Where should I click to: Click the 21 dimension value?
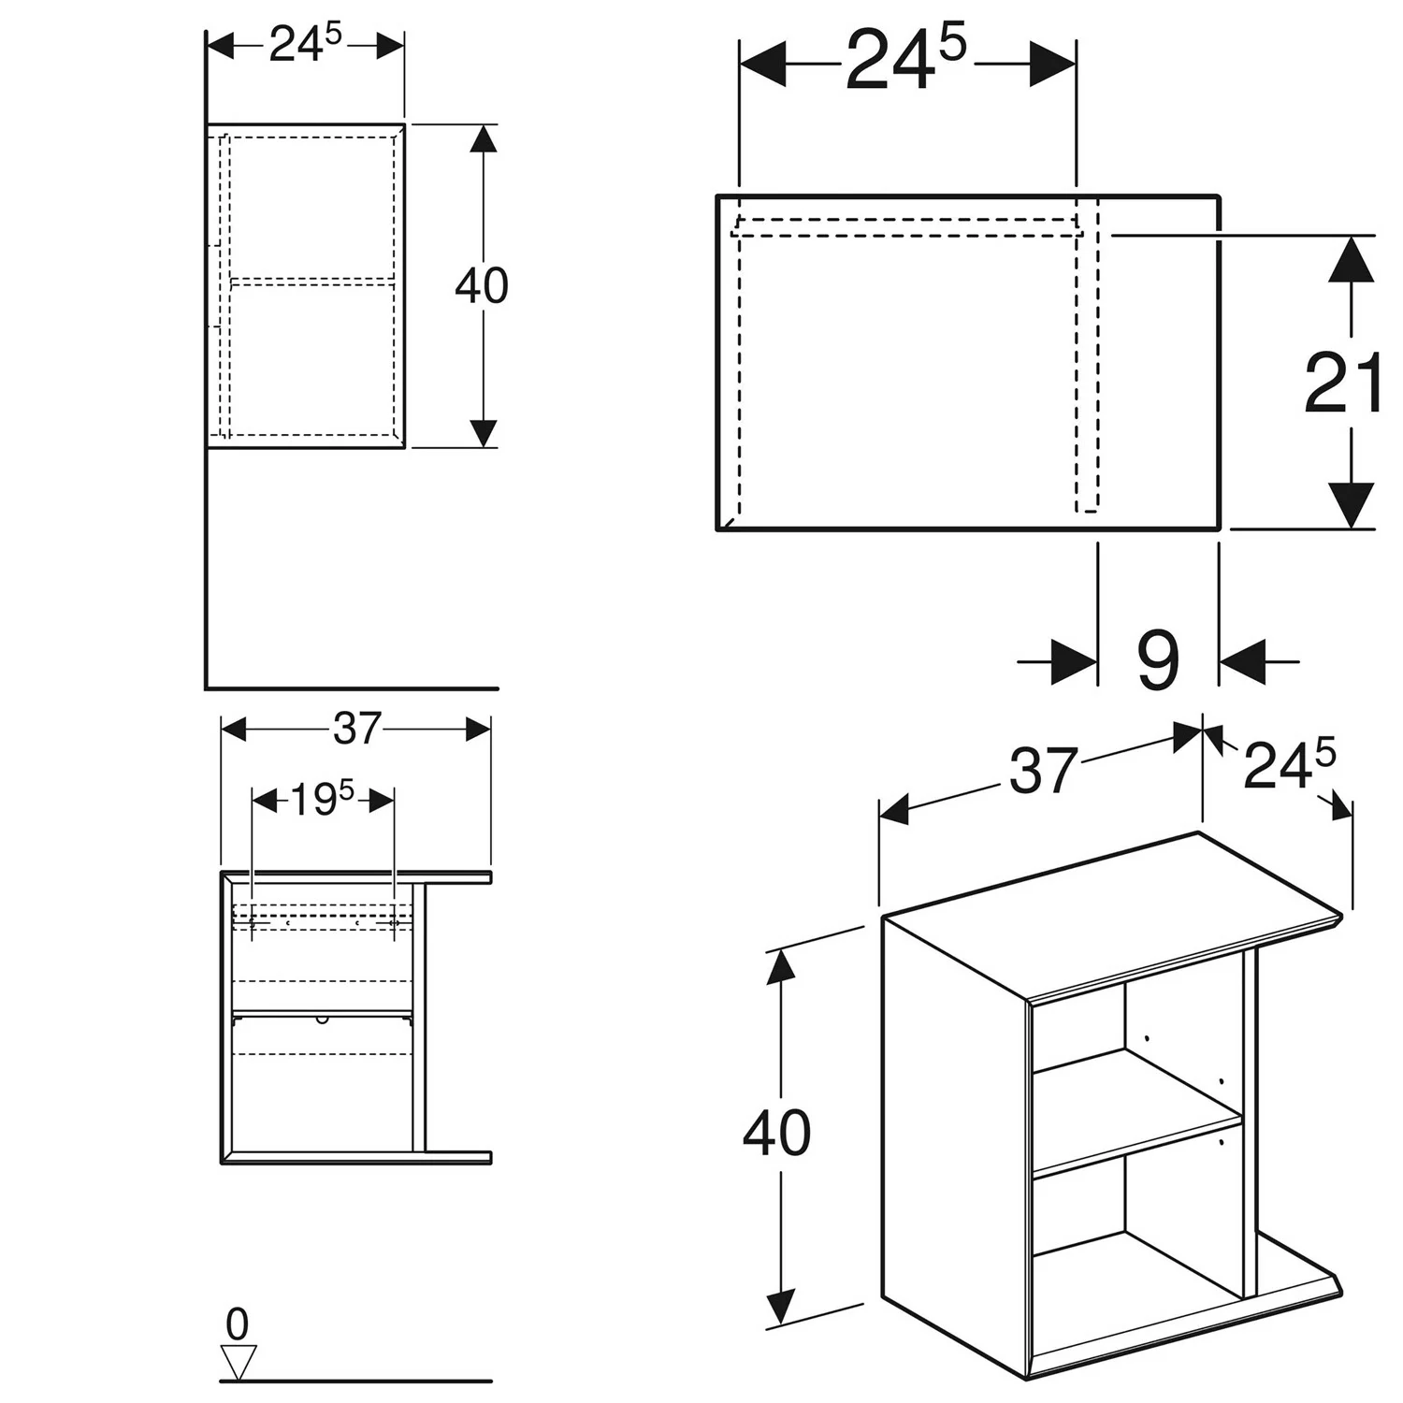1342,384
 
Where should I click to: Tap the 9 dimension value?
1158,661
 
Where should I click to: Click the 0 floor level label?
238,1324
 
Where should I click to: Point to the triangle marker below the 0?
238,1362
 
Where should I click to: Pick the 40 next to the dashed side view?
481,285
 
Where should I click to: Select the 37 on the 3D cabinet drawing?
1043,773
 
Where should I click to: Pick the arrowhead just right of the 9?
1242,661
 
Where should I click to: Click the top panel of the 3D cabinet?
1113,917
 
